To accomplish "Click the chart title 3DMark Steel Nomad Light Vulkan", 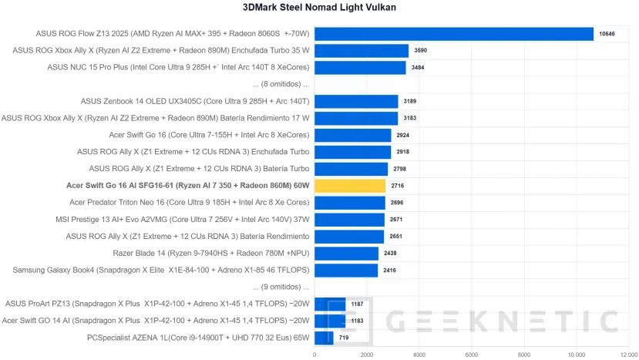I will click(320, 8).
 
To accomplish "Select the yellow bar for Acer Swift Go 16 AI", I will click(350, 186).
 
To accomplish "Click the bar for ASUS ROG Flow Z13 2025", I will click(453, 34).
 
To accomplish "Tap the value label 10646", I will click(607, 34).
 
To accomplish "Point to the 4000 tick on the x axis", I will click(419, 355).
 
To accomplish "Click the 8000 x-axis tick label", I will click(524, 355).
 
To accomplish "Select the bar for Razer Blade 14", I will click(346, 253).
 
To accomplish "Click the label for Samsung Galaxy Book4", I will click(161, 270).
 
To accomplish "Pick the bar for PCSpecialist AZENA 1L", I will click(324, 338).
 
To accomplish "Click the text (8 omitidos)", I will click(281, 84).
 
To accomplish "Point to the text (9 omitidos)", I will click(281, 287).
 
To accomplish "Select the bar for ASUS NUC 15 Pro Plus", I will click(360, 68).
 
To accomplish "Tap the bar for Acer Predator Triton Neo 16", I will click(349, 203).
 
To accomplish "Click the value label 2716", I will click(398, 186).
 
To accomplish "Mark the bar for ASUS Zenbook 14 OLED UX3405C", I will click(356, 101).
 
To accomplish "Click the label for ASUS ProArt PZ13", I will click(157, 304).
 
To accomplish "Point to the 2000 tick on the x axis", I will click(367, 355).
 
